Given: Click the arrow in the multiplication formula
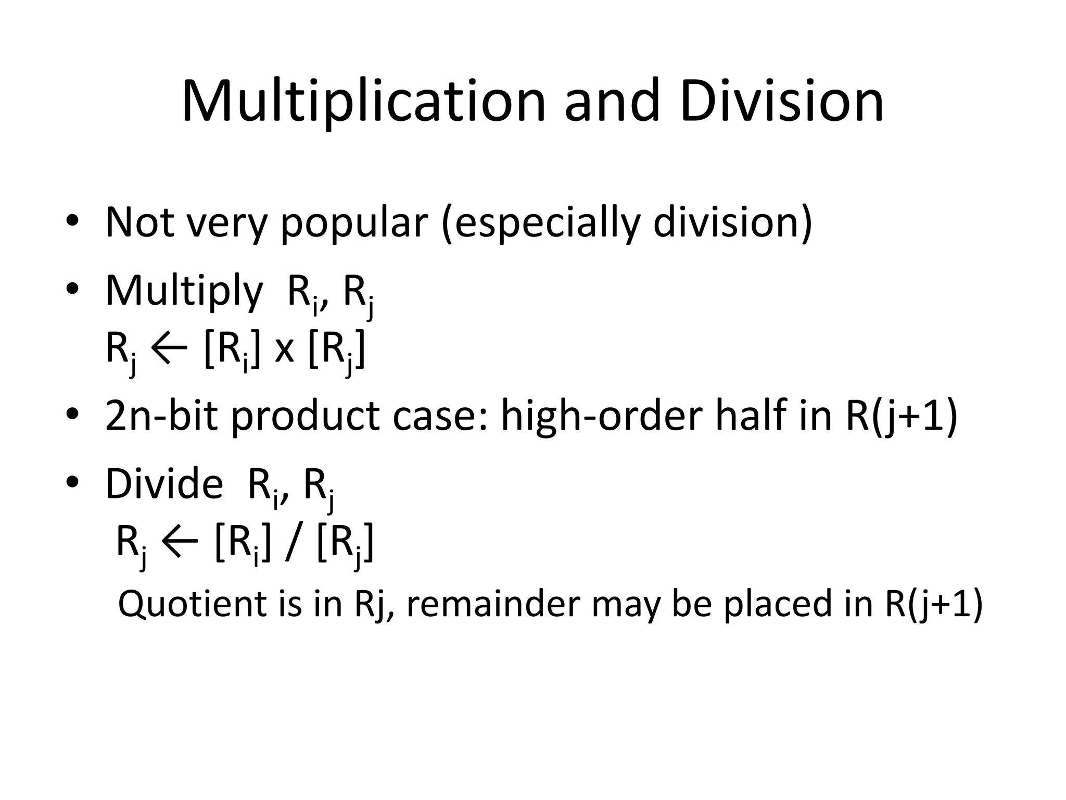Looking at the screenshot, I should pos(169,348).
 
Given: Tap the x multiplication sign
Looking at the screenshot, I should pos(284,351).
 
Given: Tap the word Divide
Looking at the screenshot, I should pos(164,484).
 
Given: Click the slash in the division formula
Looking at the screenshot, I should pos(294,543).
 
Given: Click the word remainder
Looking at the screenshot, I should pos(493,604).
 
